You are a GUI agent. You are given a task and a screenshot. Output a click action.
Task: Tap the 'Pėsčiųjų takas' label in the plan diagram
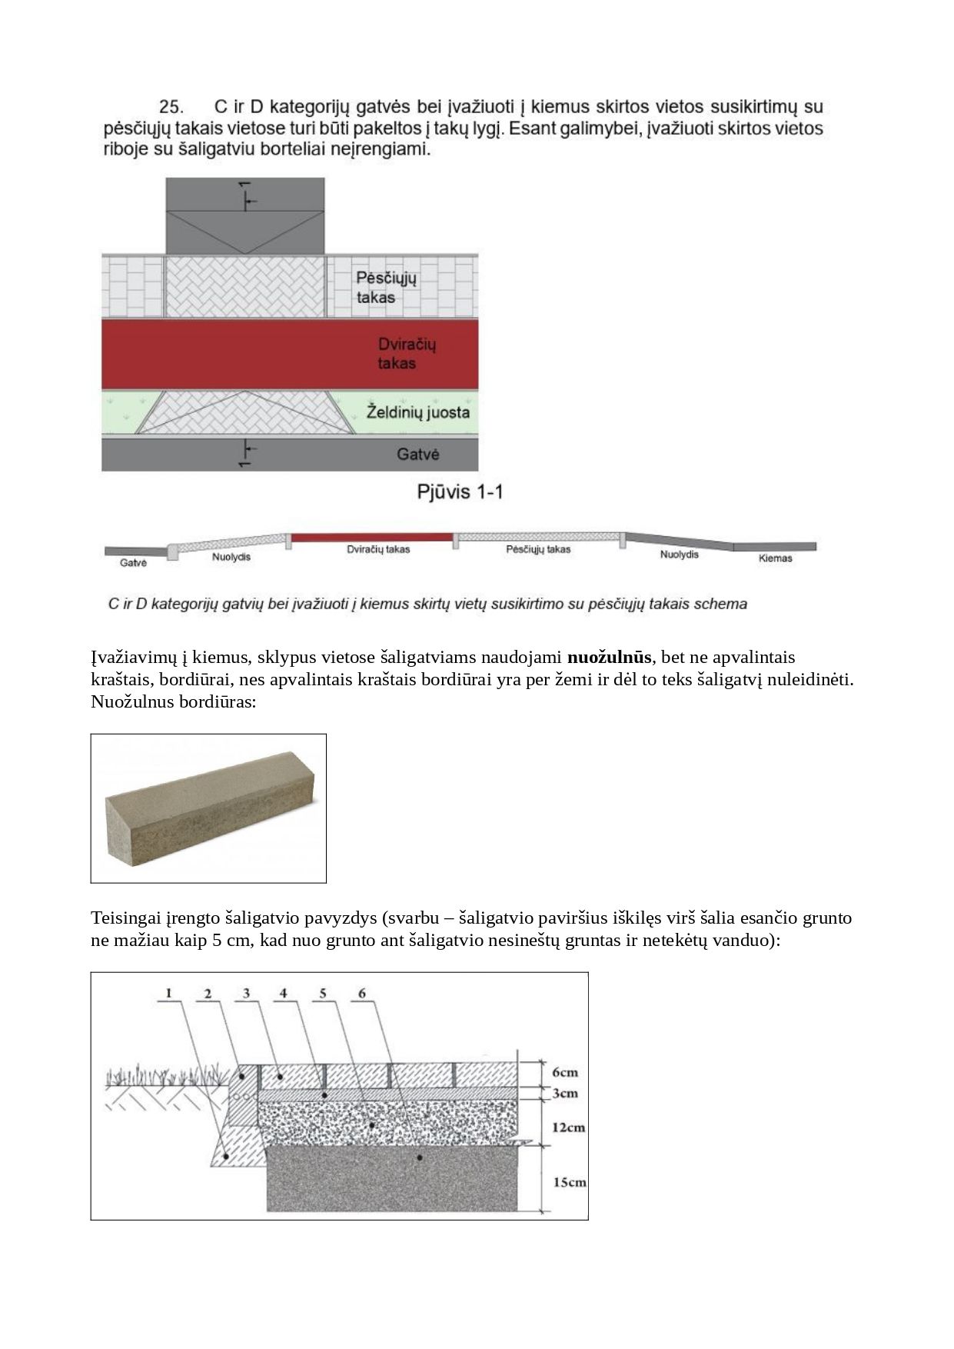pos(385,287)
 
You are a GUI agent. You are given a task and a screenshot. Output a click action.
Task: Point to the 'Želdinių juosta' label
pos(417,412)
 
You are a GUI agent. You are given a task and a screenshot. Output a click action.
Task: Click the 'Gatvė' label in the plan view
pos(417,455)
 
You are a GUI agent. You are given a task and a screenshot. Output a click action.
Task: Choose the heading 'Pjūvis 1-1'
pos(460,491)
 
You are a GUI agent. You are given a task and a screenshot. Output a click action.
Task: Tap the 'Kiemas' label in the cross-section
pos(775,558)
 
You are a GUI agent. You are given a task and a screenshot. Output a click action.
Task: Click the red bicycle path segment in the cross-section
pos(371,536)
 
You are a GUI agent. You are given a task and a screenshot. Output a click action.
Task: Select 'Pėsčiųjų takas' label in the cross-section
pos(538,550)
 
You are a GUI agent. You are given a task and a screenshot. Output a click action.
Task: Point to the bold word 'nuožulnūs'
pos(609,658)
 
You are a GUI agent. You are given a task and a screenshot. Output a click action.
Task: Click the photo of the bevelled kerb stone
pos(208,808)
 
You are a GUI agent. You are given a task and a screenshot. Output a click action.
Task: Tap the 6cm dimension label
pos(565,1072)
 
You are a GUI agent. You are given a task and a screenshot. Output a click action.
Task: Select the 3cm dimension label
pos(565,1093)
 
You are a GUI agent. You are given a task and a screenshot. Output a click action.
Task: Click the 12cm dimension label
pos(568,1127)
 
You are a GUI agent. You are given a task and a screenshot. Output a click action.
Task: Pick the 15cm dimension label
pos(569,1182)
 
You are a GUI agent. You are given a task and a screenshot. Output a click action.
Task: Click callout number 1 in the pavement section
pos(168,993)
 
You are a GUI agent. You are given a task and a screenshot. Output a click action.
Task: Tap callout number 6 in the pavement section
pos(362,993)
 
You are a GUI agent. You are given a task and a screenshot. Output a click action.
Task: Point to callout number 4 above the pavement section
pos(284,993)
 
